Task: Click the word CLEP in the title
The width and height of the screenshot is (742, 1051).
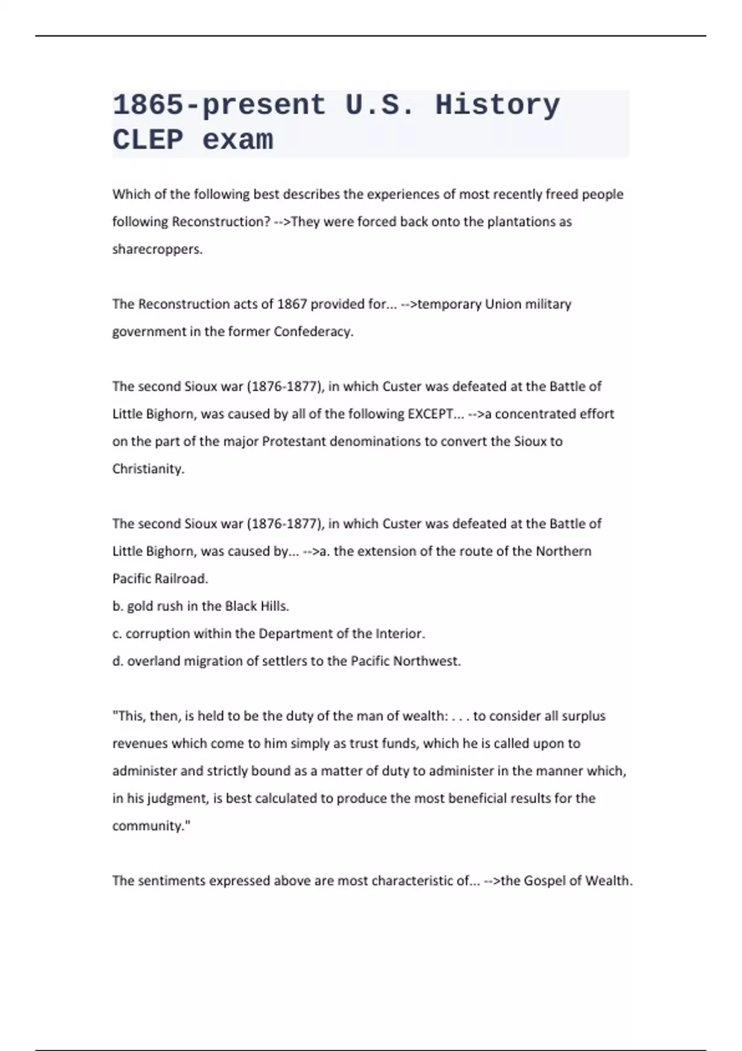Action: [x=148, y=140]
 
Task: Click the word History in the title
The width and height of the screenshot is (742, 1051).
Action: [x=497, y=104]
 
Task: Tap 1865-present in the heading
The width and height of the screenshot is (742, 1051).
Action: [x=219, y=104]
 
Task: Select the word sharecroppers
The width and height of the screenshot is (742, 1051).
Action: [x=157, y=249]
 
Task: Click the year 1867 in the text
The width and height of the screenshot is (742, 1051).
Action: [x=292, y=304]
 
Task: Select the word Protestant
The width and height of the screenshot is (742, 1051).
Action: [x=294, y=441]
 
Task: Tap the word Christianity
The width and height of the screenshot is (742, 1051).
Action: [x=148, y=469]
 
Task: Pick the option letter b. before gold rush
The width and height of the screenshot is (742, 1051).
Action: [x=117, y=606]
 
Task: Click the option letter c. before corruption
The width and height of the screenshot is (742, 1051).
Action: [x=117, y=634]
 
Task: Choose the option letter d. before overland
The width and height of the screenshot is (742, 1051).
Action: [x=117, y=661]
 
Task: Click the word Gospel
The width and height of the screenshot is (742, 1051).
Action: [x=545, y=880]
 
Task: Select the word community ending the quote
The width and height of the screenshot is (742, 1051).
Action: [x=149, y=826]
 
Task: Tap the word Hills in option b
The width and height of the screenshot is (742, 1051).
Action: [x=273, y=606]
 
